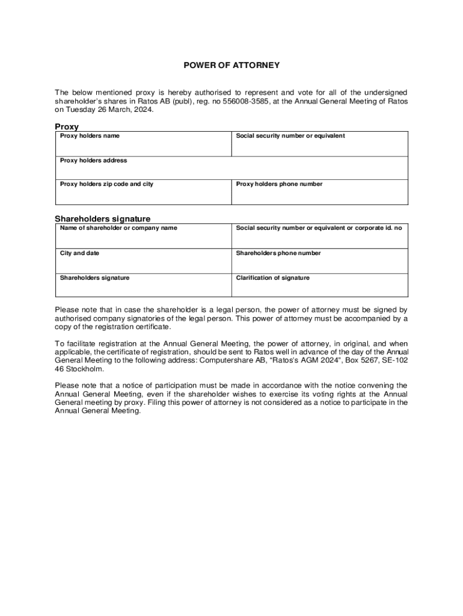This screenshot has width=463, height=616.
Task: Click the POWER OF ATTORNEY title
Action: (x=231, y=64)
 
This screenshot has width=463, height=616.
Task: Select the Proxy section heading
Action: (x=67, y=127)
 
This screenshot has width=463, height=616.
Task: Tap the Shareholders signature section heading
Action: (x=102, y=219)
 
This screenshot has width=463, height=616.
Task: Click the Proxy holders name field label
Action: (x=90, y=136)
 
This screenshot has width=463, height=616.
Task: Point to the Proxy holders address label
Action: (x=93, y=161)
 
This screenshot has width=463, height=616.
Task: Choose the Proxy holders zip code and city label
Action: (x=106, y=184)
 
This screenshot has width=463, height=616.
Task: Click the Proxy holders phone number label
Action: (x=279, y=184)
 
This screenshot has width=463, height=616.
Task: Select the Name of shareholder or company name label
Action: (x=118, y=228)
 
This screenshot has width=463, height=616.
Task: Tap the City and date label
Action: (x=79, y=253)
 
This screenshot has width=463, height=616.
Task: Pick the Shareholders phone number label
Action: (x=278, y=253)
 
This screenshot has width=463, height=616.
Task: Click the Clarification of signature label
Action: (x=273, y=278)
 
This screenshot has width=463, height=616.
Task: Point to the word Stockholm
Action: (x=86, y=369)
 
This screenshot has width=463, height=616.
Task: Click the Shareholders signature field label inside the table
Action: (x=94, y=278)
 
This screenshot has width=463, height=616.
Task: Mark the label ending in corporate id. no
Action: (x=319, y=228)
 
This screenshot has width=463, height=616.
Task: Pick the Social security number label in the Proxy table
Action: (x=290, y=136)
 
